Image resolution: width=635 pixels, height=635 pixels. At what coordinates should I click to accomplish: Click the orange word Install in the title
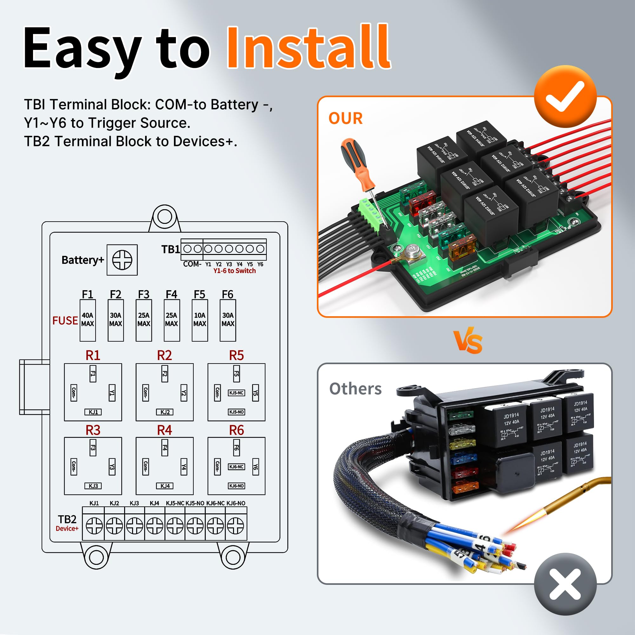(x=308, y=48)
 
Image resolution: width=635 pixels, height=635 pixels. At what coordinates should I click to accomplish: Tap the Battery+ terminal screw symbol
(x=122, y=260)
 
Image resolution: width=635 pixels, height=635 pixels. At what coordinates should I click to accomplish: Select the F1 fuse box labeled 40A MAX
(x=88, y=320)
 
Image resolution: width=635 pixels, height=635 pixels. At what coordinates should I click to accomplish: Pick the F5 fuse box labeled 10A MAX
(x=200, y=320)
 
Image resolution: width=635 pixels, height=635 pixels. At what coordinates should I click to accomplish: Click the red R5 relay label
(x=236, y=355)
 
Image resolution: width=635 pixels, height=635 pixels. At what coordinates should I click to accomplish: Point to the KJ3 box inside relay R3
(x=93, y=486)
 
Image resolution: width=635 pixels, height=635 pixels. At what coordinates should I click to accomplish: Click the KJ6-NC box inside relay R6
(x=236, y=467)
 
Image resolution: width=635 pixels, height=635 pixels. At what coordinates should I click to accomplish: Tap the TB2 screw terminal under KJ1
(x=94, y=526)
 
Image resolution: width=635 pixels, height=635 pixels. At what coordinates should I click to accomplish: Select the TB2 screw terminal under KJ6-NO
(x=236, y=526)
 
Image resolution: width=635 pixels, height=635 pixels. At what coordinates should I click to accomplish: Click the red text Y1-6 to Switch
(x=234, y=271)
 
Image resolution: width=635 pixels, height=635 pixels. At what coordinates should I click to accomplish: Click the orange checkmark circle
(x=565, y=96)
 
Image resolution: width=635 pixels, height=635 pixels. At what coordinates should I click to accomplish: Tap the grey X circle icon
(x=565, y=584)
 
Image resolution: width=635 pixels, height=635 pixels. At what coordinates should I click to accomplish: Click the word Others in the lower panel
(x=355, y=389)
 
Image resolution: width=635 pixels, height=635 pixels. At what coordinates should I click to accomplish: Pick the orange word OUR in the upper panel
(x=345, y=118)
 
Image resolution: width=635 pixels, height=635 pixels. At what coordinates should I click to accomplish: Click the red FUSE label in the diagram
(x=65, y=320)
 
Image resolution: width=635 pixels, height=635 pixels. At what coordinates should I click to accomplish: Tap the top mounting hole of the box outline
(x=165, y=216)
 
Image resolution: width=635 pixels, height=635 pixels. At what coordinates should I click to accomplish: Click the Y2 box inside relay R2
(x=184, y=393)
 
